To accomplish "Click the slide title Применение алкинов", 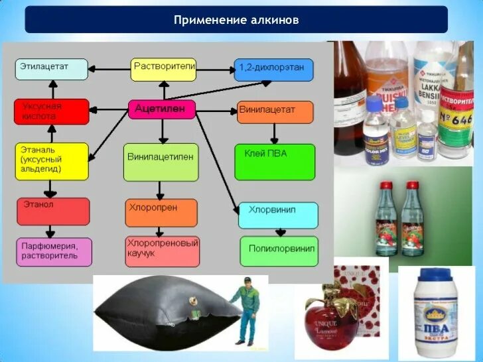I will [x=236, y=20].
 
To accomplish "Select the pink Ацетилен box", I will [x=161, y=109].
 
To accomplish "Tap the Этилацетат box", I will [x=52, y=69].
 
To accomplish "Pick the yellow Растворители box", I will [x=163, y=69].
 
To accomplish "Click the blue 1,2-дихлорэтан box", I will [x=273, y=69].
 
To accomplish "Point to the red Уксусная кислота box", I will [x=52, y=111].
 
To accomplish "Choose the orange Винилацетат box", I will [x=275, y=111].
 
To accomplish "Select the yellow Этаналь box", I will [x=52, y=161].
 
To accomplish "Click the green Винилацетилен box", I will [x=161, y=161].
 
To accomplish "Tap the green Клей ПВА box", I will [x=275, y=161].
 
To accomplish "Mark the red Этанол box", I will [x=53, y=211].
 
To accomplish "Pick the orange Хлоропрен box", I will [x=161, y=212].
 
